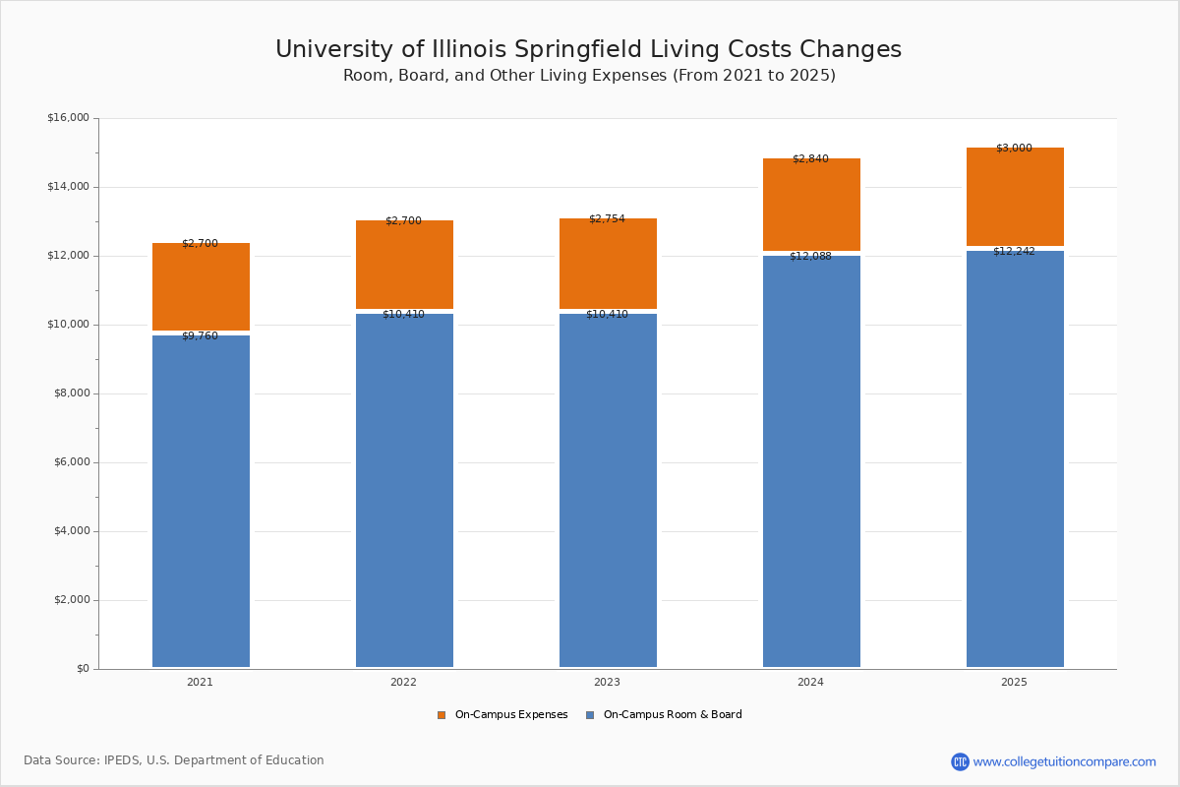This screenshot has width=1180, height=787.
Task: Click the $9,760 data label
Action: (200, 336)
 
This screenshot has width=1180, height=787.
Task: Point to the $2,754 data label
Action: (607, 219)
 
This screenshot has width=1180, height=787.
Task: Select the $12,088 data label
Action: (810, 257)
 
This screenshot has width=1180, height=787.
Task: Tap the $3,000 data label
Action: (1014, 149)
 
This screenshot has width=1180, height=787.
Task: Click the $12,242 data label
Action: (1014, 252)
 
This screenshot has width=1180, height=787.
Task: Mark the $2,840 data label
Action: (810, 159)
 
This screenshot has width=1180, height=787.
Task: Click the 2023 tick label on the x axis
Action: (607, 683)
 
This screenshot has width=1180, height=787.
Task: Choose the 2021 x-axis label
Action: (200, 683)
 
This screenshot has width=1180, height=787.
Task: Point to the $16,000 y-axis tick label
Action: (68, 118)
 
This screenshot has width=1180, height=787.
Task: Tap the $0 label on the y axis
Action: (83, 669)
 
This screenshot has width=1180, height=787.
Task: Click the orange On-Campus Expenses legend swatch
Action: (442, 715)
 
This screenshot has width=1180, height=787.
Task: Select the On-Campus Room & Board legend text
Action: (673, 715)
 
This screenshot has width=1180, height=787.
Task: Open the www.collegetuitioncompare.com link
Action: (1064, 761)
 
